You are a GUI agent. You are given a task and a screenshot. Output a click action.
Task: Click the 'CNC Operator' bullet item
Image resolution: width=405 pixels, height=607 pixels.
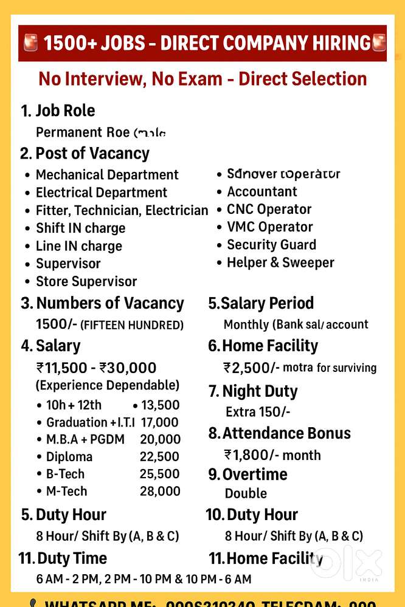point(269,210)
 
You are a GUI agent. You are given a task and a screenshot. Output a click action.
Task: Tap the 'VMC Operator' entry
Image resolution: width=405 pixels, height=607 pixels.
point(269,227)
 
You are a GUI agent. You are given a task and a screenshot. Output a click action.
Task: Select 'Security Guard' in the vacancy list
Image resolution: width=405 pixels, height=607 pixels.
point(271,245)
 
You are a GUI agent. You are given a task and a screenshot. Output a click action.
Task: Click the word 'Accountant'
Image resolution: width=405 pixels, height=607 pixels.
point(262,192)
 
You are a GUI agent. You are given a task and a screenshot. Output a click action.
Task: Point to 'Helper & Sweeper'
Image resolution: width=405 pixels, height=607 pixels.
point(280,262)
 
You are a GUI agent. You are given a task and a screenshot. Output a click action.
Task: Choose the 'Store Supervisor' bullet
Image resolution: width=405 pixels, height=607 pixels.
point(86,281)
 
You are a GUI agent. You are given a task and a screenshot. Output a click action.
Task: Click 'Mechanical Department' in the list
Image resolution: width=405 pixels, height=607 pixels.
point(107,175)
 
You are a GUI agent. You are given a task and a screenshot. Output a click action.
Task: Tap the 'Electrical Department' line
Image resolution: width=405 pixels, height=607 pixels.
point(101,193)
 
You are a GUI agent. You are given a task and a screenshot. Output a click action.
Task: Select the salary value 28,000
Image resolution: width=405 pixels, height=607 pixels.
point(160,491)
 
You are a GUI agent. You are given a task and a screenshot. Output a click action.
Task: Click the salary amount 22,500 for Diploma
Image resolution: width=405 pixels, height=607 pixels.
point(160,456)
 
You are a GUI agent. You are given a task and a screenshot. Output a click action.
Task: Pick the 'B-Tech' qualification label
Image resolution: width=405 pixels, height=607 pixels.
point(65,474)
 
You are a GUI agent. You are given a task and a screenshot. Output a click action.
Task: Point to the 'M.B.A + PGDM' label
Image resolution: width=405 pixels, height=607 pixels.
point(85,439)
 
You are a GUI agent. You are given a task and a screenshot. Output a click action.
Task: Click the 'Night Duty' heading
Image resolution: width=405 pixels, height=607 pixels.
point(260,391)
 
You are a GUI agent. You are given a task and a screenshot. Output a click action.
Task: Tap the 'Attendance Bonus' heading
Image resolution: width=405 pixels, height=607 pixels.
point(286,433)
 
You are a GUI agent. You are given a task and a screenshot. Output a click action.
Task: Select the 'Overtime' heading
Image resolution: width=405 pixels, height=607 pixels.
point(255,475)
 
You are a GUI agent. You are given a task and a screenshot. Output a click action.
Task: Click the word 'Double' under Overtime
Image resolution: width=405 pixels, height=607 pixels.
point(246,493)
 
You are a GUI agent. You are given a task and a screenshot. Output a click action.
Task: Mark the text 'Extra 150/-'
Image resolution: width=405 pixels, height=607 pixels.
point(258,412)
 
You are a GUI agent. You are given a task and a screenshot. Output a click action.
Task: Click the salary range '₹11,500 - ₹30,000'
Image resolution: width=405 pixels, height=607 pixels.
point(96,368)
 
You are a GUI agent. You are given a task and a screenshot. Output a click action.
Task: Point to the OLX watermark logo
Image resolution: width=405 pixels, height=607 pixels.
point(347,563)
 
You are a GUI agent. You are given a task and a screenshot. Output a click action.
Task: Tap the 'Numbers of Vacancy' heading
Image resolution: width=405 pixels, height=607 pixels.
point(109,303)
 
